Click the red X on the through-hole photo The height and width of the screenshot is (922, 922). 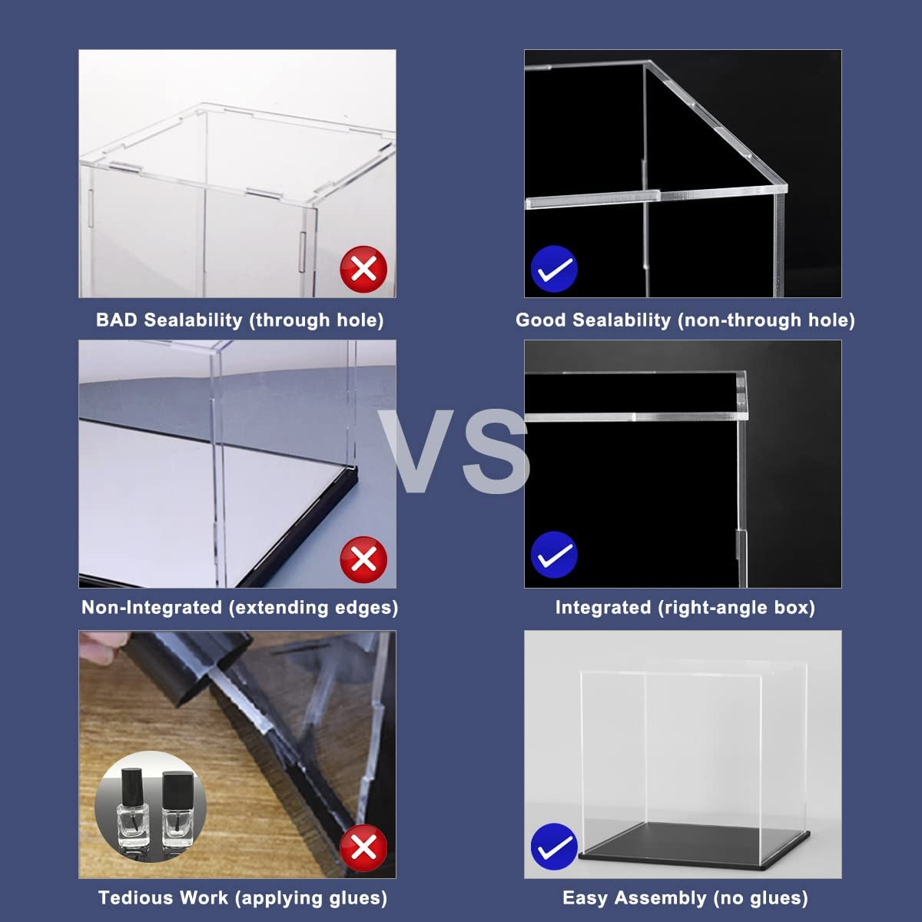(363, 269)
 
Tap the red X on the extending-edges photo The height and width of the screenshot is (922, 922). (363, 559)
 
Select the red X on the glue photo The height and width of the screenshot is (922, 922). (363, 847)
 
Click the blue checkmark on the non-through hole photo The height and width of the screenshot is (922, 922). (554, 269)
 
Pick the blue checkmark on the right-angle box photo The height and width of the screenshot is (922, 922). (554, 555)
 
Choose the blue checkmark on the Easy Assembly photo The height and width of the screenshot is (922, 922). (554, 847)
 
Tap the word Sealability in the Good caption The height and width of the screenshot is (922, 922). (622, 320)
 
